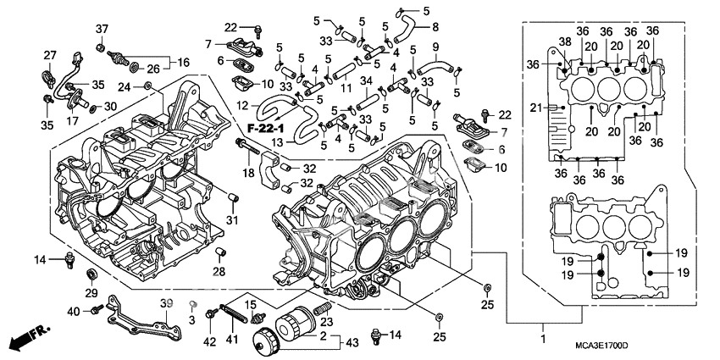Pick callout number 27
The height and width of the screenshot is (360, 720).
pyautogui.click(x=49, y=56)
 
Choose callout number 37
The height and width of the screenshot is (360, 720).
pyautogui.click(x=102, y=30)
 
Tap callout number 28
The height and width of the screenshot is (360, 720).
pyautogui.click(x=219, y=271)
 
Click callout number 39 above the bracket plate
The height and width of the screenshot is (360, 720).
pyautogui.click(x=166, y=303)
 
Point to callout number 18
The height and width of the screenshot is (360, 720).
pyautogui.click(x=247, y=173)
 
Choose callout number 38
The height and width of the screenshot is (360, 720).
pyautogui.click(x=565, y=42)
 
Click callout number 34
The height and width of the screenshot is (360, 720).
pyautogui.click(x=367, y=80)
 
